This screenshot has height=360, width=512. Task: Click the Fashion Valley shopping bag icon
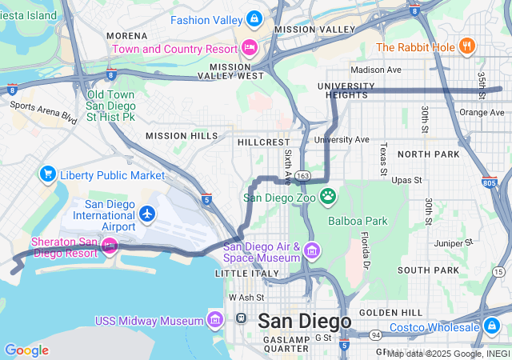tap(254, 18)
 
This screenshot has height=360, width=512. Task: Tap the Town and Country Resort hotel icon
tap(250, 47)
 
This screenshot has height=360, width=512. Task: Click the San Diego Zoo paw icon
tap(328, 196)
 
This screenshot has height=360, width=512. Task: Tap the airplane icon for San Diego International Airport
tap(146, 214)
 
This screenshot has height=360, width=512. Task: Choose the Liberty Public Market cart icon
tap(47, 174)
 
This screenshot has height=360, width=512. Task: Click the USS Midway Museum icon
tap(214, 320)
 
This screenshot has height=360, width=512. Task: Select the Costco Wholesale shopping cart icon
tap(492, 326)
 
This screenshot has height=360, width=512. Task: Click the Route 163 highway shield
tap(302, 175)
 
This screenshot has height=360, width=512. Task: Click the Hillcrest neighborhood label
tap(263, 142)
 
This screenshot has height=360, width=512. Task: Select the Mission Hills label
tap(182, 136)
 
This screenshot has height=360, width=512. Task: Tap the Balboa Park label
tap(357, 220)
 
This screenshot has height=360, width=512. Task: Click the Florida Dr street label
tap(366, 250)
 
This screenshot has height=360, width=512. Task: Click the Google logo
tap(26, 350)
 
